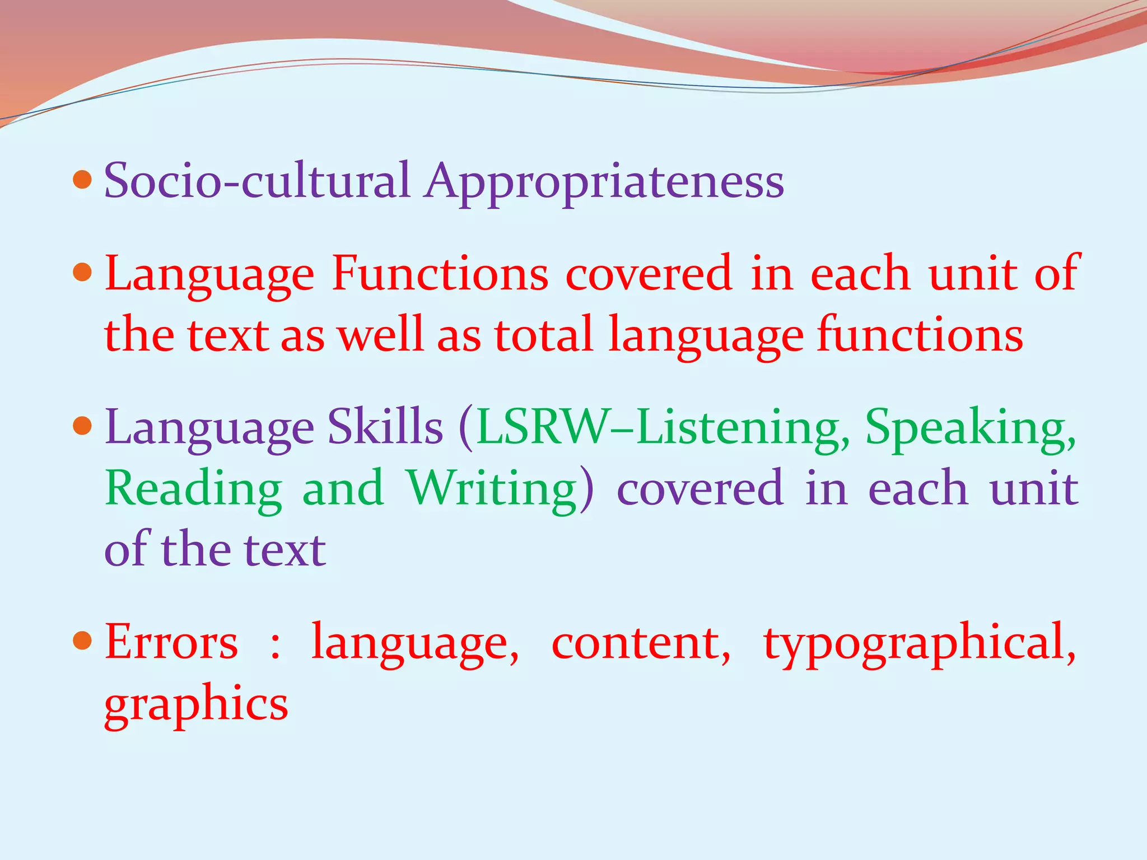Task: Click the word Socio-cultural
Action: [257, 180]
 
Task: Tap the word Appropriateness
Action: [604, 183]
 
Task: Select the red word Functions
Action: [440, 274]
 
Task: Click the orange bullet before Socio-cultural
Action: [82, 180]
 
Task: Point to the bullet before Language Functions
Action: [82, 273]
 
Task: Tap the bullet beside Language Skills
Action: [82, 426]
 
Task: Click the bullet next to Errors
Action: [82, 641]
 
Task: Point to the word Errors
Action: [171, 642]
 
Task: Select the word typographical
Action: [919, 645]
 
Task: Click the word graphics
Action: [196, 705]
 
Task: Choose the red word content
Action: [641, 644]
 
